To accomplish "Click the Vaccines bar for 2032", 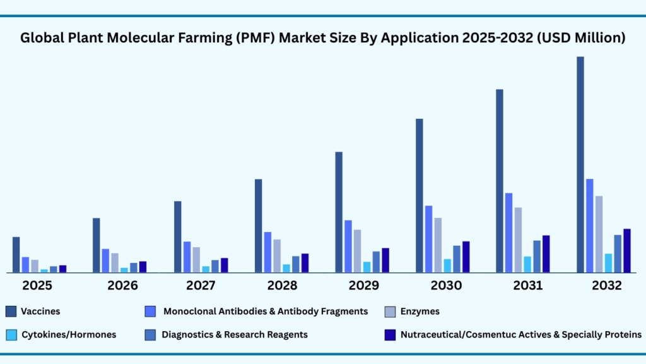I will pyautogui.click(x=580, y=164).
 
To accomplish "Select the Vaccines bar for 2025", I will pyautogui.click(x=16, y=255).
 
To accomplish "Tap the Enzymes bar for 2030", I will pyautogui.click(x=438, y=245).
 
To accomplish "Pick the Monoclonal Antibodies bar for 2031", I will pyautogui.click(x=508, y=233).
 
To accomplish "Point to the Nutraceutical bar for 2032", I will pyautogui.click(x=627, y=251).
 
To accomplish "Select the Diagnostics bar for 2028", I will pyautogui.click(x=295, y=264).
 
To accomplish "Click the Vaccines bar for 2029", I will pyautogui.click(x=339, y=212).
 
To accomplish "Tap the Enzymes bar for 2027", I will pyautogui.click(x=196, y=260).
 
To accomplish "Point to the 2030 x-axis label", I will pyautogui.click(x=446, y=285).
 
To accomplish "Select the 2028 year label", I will pyautogui.click(x=282, y=285).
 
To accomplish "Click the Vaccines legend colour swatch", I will pyautogui.click(x=11, y=311).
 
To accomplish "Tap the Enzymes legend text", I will pyautogui.click(x=420, y=311).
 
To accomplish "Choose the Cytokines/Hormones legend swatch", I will pyautogui.click(x=11, y=334).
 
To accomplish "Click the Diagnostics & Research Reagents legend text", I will pyautogui.click(x=235, y=334).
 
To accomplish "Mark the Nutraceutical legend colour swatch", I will pyautogui.click(x=390, y=334).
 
